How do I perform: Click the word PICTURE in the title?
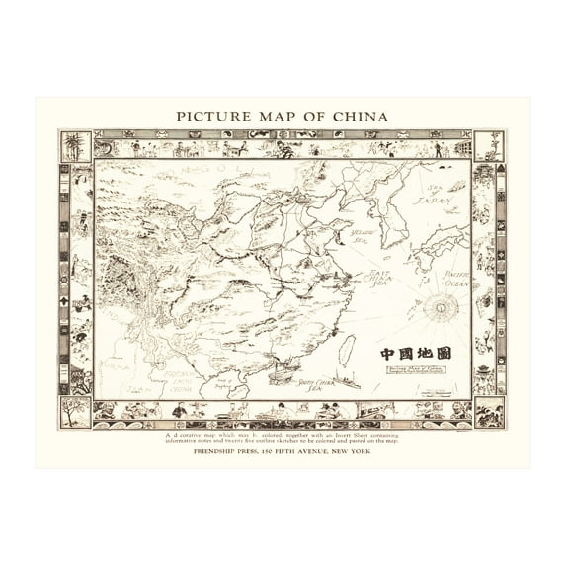pos(211,116)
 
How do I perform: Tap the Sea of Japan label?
pos(436,195)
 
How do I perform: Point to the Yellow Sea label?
pos(365,236)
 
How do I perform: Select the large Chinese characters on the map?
pos(416,353)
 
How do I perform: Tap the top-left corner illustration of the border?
pos(75,145)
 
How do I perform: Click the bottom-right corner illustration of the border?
pos(488,412)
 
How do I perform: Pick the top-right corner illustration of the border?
pos(488,145)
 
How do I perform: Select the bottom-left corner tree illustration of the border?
pos(75,412)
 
